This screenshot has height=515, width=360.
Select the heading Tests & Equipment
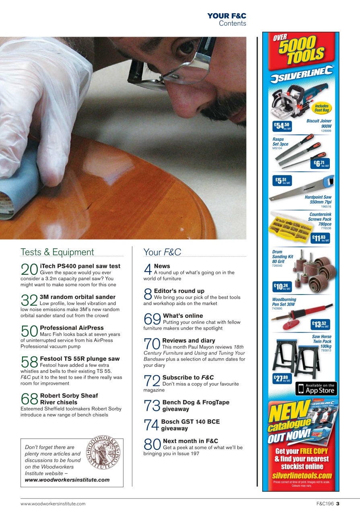tap(57, 252)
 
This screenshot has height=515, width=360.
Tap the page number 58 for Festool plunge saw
tap(29, 362)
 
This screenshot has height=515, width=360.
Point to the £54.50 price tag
tap(282, 126)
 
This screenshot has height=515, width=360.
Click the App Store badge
tap(316, 389)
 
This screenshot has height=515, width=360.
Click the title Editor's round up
tap(179, 291)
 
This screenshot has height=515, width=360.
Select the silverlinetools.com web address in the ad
tap(302, 476)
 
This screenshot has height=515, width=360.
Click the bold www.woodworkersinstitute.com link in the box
tap(67, 480)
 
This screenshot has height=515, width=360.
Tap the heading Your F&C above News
tap(162, 252)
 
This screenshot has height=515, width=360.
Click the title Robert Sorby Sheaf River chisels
tap(69, 399)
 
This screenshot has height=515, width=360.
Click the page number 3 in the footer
tap(338, 504)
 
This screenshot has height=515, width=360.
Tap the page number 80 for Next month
tap(152, 445)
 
